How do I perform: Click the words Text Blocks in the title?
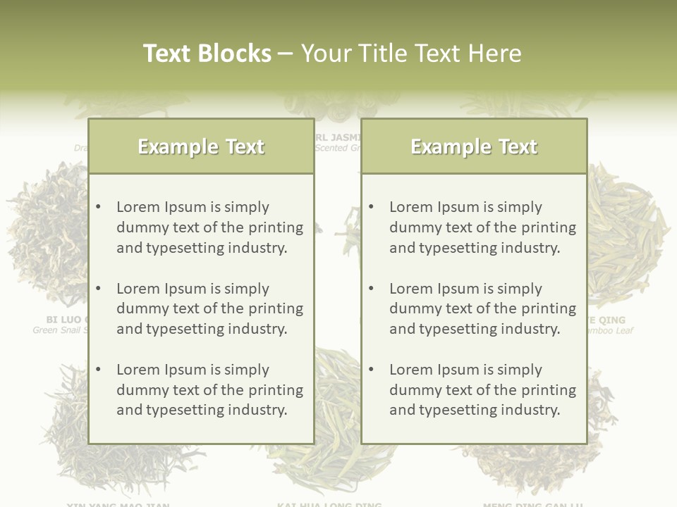[x=207, y=54]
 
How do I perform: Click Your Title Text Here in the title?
[x=411, y=54]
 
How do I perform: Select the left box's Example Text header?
[x=201, y=146]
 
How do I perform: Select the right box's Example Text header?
[x=474, y=146]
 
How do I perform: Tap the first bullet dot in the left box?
[x=99, y=207]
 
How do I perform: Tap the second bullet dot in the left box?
[x=99, y=289]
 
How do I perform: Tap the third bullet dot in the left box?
[x=99, y=370]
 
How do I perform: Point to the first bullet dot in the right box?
[x=372, y=207]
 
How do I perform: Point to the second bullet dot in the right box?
[x=372, y=289]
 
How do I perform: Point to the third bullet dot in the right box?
[x=372, y=370]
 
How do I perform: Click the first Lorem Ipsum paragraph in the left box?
[x=209, y=227]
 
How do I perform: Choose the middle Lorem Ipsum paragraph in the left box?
[x=209, y=308]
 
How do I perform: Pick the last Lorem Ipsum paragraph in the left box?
[x=209, y=390]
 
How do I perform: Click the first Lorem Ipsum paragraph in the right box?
[x=482, y=227]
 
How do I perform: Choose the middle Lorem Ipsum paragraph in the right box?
[x=482, y=308]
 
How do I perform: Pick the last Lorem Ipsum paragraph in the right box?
[x=482, y=390]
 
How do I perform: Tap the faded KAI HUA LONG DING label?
[x=329, y=503]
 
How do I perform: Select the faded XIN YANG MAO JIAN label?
[x=118, y=503]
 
